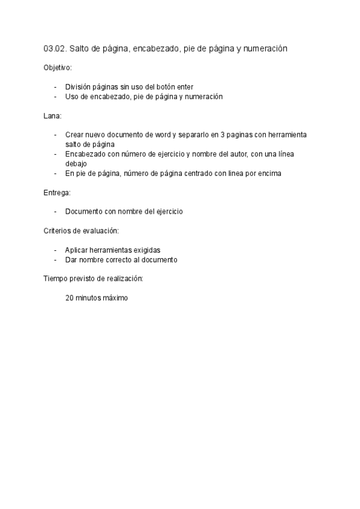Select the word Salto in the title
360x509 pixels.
[81, 49]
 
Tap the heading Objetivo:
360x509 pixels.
[58, 68]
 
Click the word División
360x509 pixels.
[79, 87]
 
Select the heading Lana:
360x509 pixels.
[52, 115]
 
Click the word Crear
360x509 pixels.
[74, 135]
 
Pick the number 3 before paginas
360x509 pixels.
[222, 135]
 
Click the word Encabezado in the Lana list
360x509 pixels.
[85, 154]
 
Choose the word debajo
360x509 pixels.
[76, 163]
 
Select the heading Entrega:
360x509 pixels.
[57, 192]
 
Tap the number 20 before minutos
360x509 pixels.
[70, 298]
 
